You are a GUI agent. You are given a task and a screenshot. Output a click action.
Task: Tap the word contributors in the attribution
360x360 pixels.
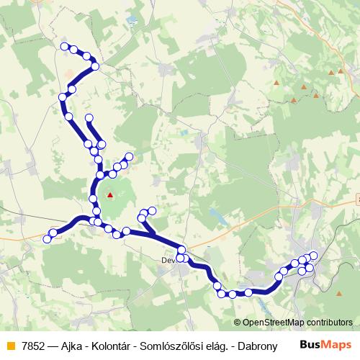pyautogui.click(x=331, y=323)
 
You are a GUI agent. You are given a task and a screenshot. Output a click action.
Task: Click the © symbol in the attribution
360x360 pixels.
pyautogui.click(x=238, y=323)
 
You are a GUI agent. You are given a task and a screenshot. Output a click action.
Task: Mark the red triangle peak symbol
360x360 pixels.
pyautogui.click(x=110, y=194)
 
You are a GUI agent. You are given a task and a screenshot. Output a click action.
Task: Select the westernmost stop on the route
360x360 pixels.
pyautogui.click(x=47, y=238)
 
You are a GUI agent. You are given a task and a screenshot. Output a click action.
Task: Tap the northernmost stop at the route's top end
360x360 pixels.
pyautogui.click(x=65, y=47)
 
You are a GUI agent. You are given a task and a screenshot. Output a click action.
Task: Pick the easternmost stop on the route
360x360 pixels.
pyautogui.click(x=313, y=256)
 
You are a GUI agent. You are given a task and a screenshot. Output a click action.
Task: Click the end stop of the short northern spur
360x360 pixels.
pyautogui.click(x=89, y=117)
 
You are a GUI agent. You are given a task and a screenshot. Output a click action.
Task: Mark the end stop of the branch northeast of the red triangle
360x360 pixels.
pyautogui.click(x=130, y=156)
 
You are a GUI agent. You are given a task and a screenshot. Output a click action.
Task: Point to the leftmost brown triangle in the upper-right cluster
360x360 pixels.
pyautogui.click(x=276, y=84)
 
